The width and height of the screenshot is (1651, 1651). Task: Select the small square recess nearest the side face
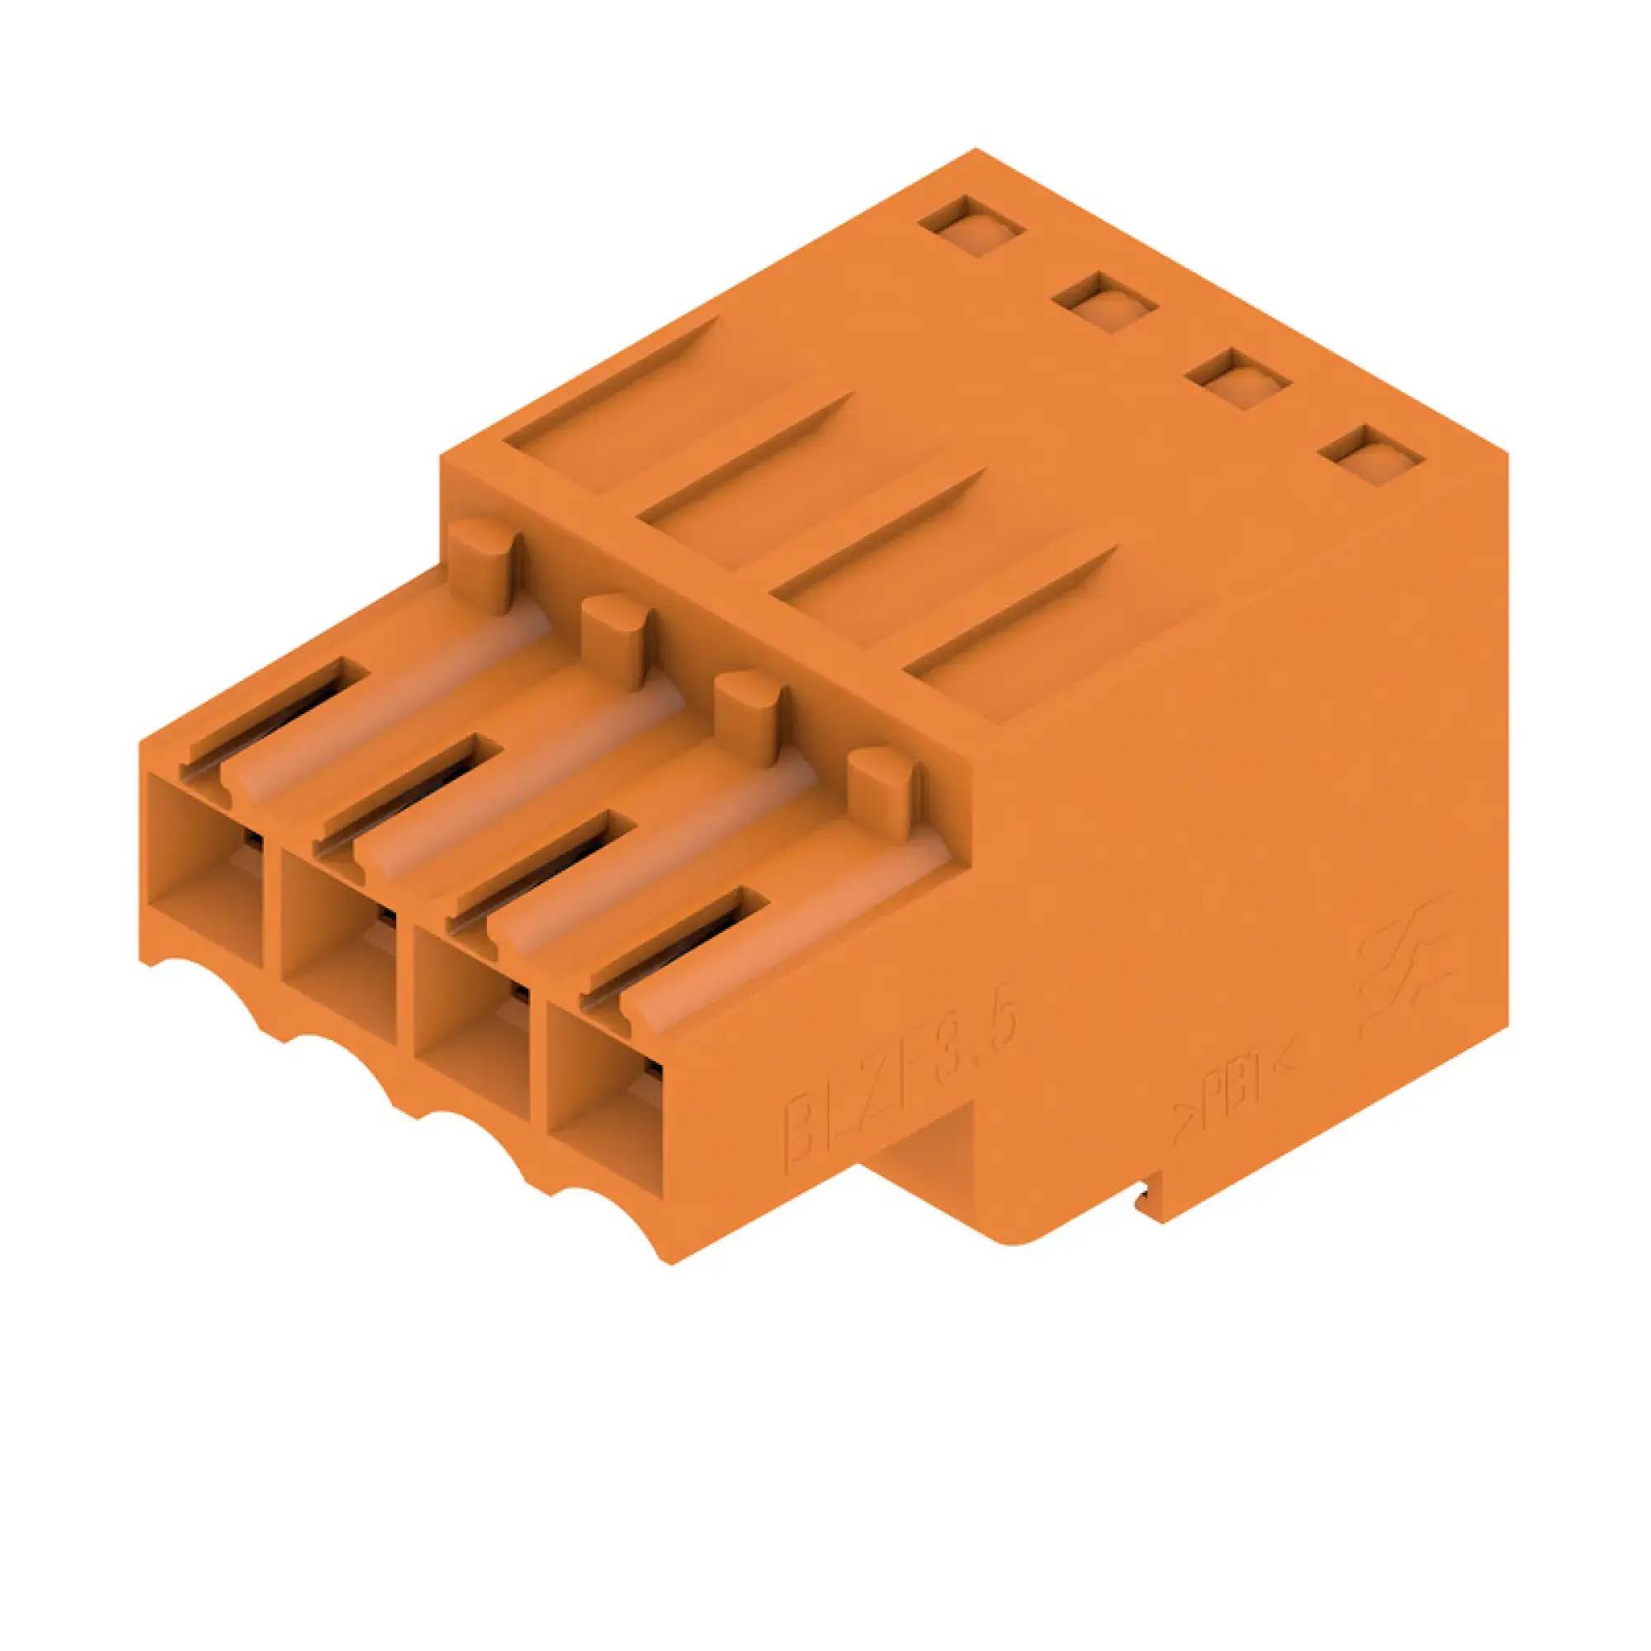(x=1370, y=456)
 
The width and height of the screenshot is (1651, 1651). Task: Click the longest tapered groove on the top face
(x=611, y=410)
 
